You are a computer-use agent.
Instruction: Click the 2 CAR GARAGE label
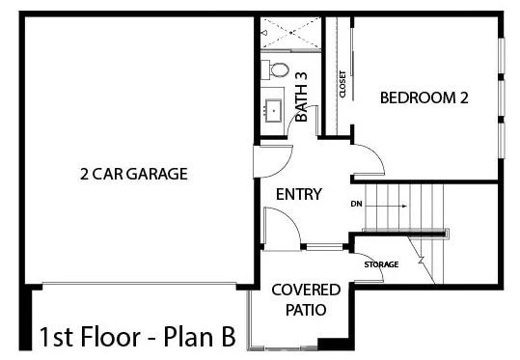pyautogui.click(x=134, y=174)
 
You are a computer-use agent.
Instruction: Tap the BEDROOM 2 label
pyautogui.click(x=424, y=97)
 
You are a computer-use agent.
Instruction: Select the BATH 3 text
pyautogui.click(x=301, y=97)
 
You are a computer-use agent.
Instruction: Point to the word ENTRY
pyautogui.click(x=299, y=194)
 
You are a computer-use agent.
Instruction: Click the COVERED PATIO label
pyautogui.click(x=306, y=299)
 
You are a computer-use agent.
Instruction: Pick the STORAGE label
pyautogui.click(x=381, y=264)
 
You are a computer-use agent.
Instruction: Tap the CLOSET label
pyautogui.click(x=342, y=84)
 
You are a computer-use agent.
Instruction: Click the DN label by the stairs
pyautogui.click(x=356, y=204)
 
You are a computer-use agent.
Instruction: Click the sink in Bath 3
pyautogui.click(x=274, y=110)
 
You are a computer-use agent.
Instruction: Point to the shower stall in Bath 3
pyautogui.click(x=290, y=33)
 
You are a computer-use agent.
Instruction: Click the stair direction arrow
pyautogui.click(x=386, y=206)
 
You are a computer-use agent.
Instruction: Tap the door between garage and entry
pyautogui.click(x=273, y=161)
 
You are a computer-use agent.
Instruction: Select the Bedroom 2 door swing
pyautogui.click(x=369, y=159)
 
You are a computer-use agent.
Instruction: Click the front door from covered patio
pyautogui.click(x=282, y=229)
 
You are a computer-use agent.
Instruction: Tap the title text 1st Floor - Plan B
pyautogui.click(x=138, y=337)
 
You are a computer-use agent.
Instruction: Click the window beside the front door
pyautogui.click(x=324, y=247)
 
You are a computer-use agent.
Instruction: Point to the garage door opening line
pyautogui.click(x=139, y=283)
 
